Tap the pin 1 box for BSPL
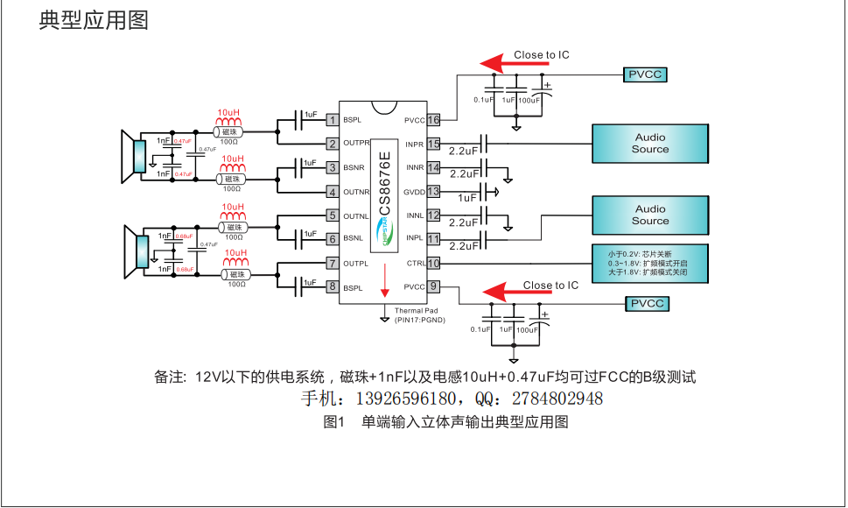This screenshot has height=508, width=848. [333, 120]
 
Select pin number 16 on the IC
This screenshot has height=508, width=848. [433, 120]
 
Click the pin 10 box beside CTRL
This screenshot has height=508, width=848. [433, 263]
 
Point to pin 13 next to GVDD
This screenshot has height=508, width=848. [433, 192]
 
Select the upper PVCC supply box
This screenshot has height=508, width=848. [646, 74]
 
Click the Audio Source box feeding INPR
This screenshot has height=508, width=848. [649, 144]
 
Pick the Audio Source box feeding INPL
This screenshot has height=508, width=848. [649, 215]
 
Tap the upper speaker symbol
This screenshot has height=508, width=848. [134, 158]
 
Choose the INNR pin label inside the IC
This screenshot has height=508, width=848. [414, 167]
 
